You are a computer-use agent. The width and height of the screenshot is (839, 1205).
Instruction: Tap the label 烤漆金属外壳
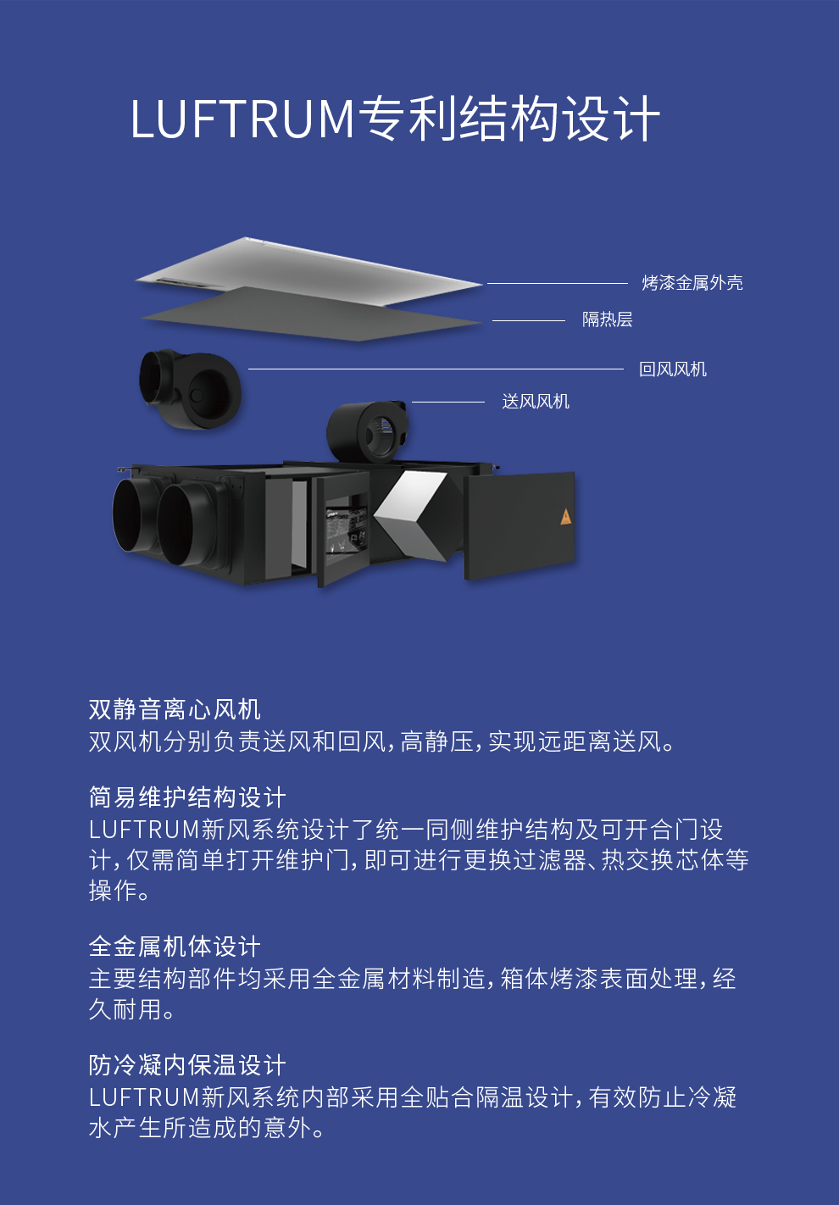(x=692, y=283)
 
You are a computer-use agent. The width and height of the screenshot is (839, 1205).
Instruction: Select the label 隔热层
(x=607, y=319)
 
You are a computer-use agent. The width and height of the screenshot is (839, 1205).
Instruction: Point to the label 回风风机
(x=673, y=369)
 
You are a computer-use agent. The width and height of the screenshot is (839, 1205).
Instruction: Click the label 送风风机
(x=536, y=402)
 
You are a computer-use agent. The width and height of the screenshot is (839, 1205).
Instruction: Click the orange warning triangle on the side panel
(x=565, y=517)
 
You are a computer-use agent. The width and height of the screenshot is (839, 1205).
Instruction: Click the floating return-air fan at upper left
(x=190, y=388)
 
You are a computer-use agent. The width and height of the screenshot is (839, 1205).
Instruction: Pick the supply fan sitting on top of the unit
(x=367, y=431)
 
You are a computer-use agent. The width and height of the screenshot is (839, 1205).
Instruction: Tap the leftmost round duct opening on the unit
(x=133, y=515)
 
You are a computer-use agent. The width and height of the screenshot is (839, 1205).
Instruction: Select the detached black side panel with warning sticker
(x=520, y=525)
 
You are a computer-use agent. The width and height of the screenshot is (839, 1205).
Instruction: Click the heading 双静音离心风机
(x=175, y=709)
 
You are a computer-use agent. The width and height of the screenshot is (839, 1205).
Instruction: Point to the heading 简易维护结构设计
(x=187, y=797)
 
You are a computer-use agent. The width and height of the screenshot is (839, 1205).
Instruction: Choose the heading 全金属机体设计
(x=175, y=947)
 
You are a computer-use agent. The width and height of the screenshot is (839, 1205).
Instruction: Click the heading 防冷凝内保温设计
(x=187, y=1064)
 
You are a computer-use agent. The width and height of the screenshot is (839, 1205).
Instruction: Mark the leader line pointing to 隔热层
(x=529, y=320)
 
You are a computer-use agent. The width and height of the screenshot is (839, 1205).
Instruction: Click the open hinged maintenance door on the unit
(x=344, y=530)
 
